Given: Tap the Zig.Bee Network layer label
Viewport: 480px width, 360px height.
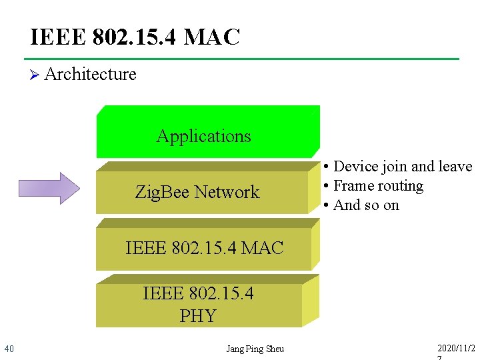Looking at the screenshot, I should (197, 193).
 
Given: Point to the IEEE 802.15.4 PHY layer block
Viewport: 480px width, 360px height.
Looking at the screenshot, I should (199, 305).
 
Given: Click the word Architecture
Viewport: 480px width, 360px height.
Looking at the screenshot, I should (90, 74).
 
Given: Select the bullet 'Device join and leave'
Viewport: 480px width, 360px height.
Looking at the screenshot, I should (397, 167).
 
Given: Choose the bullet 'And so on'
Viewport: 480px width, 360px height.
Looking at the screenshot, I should (361, 205).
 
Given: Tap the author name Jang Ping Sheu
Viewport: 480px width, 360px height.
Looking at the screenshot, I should (255, 349).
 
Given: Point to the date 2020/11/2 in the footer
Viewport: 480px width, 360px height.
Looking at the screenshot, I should (457, 349).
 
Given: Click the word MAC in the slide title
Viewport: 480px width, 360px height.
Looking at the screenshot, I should (211, 37).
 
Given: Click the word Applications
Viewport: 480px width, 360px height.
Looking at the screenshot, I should (203, 136).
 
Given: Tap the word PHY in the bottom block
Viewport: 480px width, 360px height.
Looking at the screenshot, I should (198, 315).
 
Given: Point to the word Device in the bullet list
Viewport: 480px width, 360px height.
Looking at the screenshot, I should (355, 167).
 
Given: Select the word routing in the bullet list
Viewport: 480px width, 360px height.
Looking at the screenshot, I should (399, 186).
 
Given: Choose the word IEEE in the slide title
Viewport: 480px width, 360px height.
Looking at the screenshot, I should (58, 37).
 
